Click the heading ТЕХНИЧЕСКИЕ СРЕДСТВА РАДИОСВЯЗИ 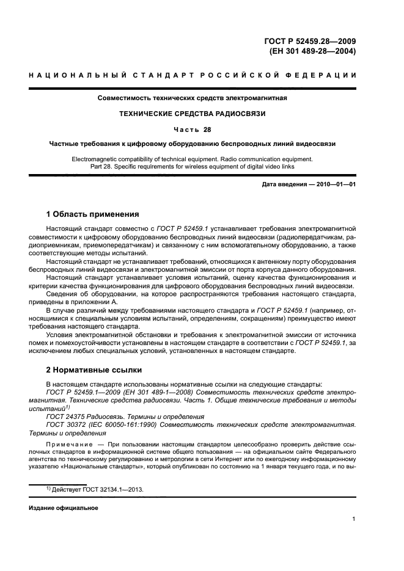193,113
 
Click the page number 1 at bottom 354,519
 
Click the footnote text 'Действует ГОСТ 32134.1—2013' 98,489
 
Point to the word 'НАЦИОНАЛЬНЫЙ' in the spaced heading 67,75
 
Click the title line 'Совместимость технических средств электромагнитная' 193,97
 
